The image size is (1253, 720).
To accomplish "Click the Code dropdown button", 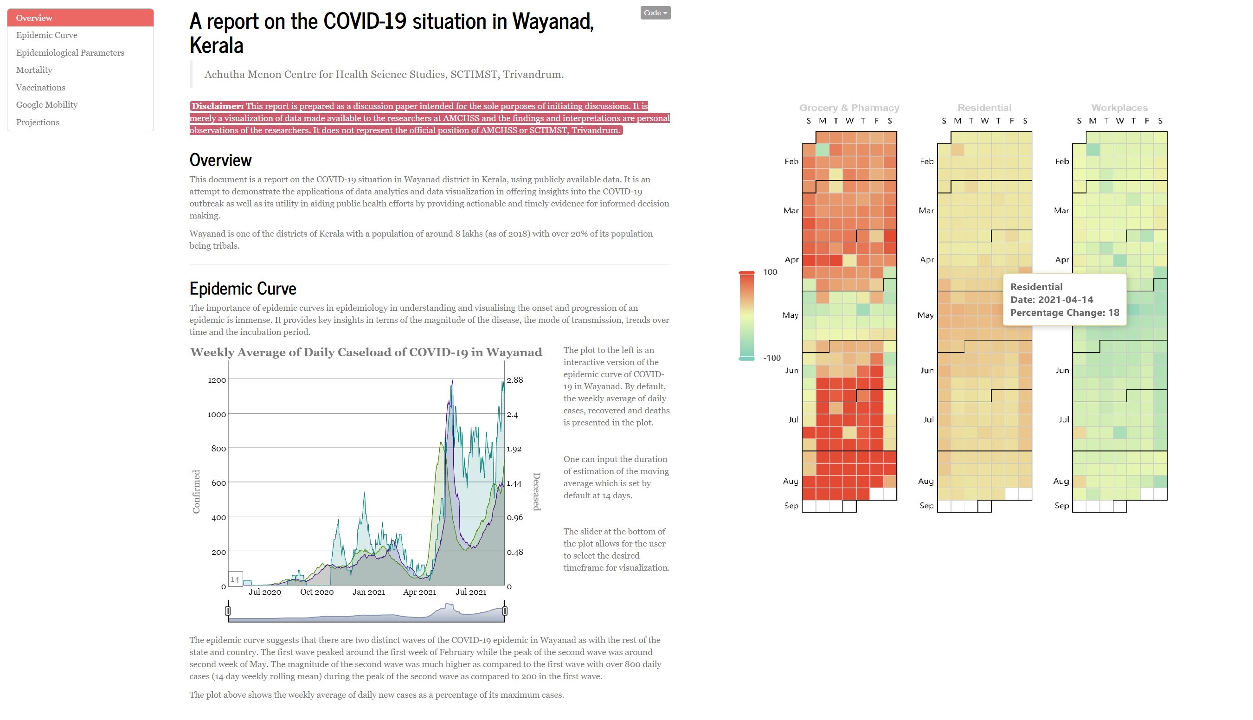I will pos(655,13).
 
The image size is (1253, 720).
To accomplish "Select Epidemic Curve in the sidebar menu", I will pos(46,35).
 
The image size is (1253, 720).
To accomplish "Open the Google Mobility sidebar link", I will pos(46,105).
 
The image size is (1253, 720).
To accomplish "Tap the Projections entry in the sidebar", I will pos(38,122).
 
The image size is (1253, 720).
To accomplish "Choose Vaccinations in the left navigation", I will pos(40,88).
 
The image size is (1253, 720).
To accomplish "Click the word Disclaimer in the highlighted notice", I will pos(217,106).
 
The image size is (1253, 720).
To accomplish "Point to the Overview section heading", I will pos(220,160).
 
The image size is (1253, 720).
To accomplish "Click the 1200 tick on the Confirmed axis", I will pos(217,380).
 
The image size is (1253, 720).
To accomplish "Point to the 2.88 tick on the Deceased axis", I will pos(515,380).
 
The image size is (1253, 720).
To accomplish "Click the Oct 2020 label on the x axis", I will pos(316,592).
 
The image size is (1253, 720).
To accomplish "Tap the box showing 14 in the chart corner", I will pos(235,579).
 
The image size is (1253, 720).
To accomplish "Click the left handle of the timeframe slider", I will pos(228,611).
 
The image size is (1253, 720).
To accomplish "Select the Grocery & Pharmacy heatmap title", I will pos(849,108).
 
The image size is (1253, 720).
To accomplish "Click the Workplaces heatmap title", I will pos(1119,108).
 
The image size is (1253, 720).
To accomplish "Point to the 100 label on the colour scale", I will pos(771,272).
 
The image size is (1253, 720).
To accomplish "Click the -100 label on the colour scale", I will pos(772,358).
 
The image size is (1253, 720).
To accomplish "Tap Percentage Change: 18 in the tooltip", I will pos(1064,313).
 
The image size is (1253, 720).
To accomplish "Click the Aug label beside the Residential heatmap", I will pos(925,481).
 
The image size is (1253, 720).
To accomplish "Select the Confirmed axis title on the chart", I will pos(196,492).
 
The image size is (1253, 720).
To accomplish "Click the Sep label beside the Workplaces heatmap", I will pos(1061,505).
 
